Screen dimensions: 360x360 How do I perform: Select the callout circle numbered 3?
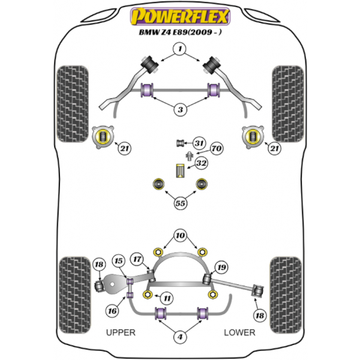pos(179,109)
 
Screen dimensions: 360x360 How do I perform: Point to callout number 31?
pos(199,142)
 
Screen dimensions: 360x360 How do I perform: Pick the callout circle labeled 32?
pos(201,163)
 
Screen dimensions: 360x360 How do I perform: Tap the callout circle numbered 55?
pos(180,203)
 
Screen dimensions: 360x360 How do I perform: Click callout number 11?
pos(167,298)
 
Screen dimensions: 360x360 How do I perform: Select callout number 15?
pos(119,261)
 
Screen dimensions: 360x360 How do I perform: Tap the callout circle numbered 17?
pos(137,260)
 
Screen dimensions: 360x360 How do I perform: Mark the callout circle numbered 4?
pos(179,338)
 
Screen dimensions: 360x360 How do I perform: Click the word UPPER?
pos(121,332)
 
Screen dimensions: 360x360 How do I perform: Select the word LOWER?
pos(239,332)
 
